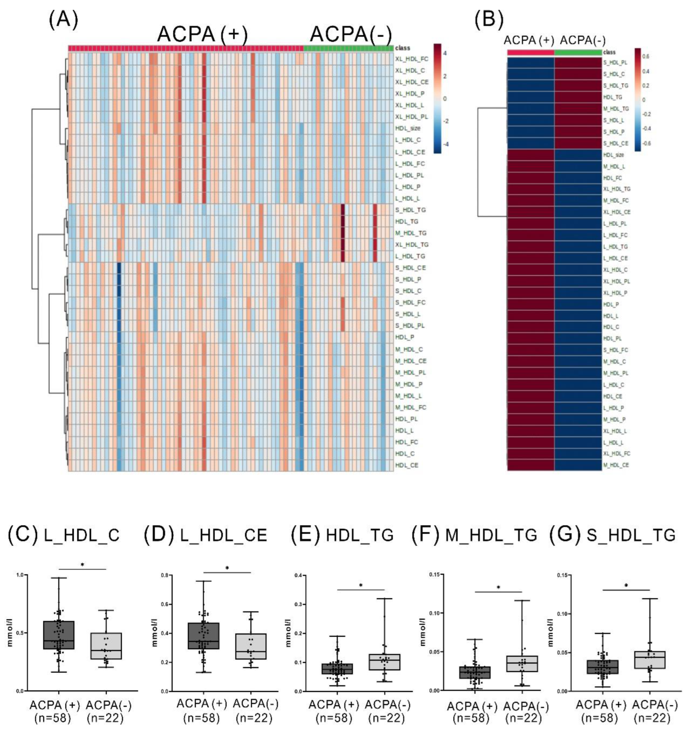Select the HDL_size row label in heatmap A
click(x=407, y=128)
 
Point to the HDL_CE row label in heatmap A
click(x=406, y=465)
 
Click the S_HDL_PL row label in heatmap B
click(x=615, y=63)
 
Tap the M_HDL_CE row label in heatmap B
click(x=616, y=465)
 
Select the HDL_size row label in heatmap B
click(x=613, y=155)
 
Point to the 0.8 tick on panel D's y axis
click(x=165, y=575)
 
